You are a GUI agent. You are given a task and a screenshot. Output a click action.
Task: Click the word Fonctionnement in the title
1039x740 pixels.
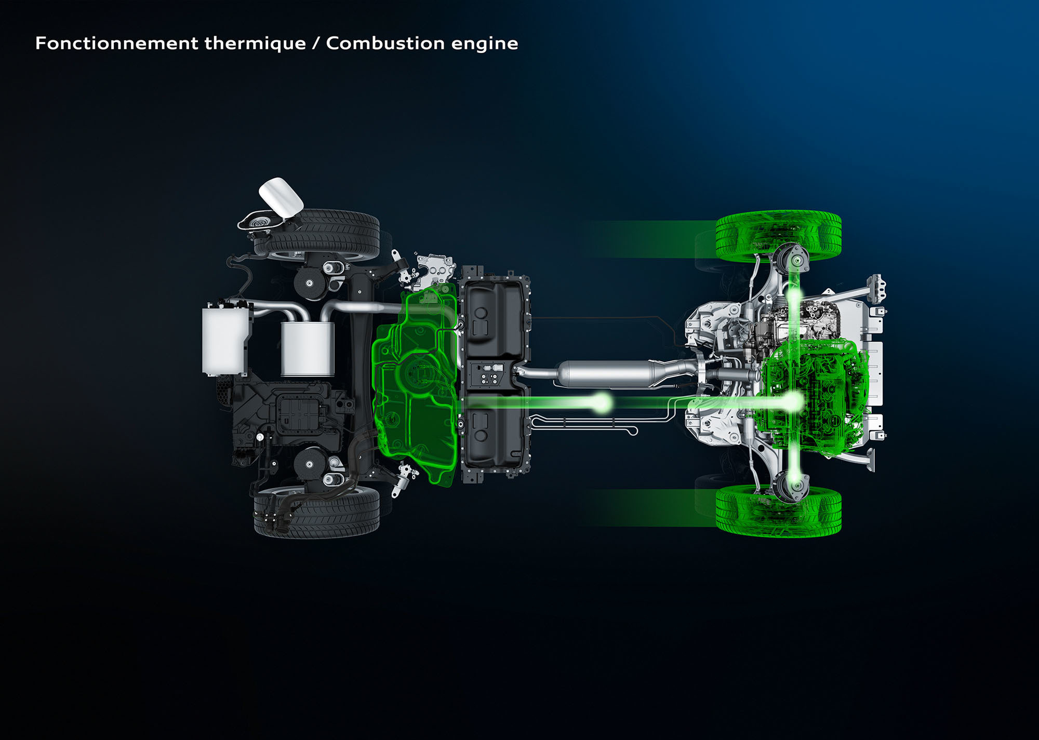click(x=116, y=43)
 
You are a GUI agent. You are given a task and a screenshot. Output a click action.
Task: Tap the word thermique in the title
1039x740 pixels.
click(x=255, y=44)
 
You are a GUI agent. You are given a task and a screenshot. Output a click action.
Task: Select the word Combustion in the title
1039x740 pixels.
click(x=384, y=43)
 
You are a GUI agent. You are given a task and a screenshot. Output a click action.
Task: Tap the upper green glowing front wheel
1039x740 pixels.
click(x=778, y=236)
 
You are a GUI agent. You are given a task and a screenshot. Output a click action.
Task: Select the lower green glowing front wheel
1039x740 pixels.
click(x=778, y=512)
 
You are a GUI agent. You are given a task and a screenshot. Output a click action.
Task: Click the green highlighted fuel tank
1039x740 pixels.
click(x=416, y=384)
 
